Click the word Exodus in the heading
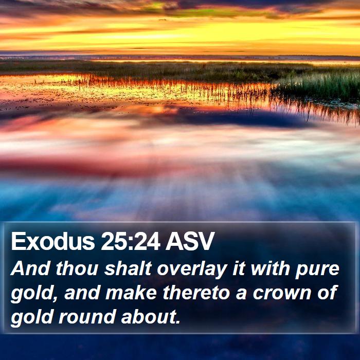point(53,241)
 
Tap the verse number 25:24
point(131,241)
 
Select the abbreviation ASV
point(190,241)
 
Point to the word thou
point(77,268)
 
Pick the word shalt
point(128,268)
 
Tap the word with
point(270,268)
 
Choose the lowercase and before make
point(82,293)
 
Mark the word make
point(131,293)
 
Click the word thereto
point(196,293)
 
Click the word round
point(87,317)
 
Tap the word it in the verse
point(239,268)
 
